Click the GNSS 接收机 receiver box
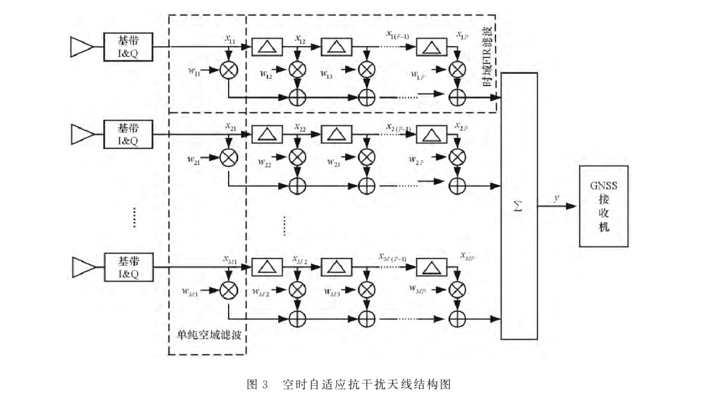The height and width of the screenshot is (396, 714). [x=604, y=206]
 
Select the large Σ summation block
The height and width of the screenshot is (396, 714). [x=519, y=206]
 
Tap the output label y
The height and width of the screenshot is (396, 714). [x=556, y=198]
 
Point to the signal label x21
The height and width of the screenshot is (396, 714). [x=230, y=127]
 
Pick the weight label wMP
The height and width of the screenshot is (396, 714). [x=417, y=289]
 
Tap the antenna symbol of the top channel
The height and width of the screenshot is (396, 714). [x=81, y=47]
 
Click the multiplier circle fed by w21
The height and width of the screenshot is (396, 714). [x=229, y=158]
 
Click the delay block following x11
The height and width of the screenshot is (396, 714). [x=267, y=47]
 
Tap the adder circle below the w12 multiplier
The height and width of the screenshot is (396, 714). [x=297, y=97]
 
